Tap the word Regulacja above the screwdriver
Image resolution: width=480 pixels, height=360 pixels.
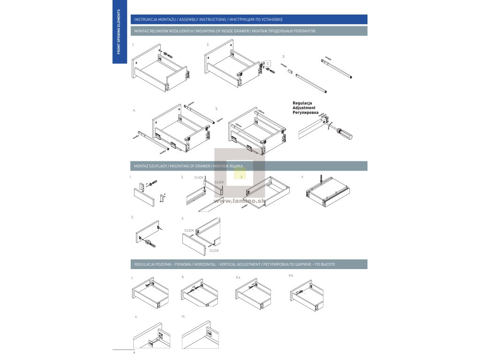(x=302, y=103)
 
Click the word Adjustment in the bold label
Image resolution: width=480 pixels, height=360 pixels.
(x=304, y=108)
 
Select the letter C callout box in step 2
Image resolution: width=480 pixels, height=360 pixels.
(x=268, y=63)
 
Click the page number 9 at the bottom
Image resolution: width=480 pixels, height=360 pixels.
(x=134, y=352)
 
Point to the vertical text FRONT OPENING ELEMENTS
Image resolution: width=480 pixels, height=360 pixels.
(x=118, y=31)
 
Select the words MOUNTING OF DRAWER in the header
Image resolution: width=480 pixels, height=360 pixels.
(x=190, y=166)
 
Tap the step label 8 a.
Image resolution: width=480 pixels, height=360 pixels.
(x=238, y=277)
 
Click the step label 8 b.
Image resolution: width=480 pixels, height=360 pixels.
(x=291, y=275)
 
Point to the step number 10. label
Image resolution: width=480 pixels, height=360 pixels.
(x=183, y=317)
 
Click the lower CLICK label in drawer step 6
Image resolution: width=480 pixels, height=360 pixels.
(x=214, y=251)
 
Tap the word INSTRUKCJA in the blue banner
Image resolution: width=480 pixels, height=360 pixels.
(x=144, y=20)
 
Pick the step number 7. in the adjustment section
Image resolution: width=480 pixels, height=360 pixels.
(x=132, y=278)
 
